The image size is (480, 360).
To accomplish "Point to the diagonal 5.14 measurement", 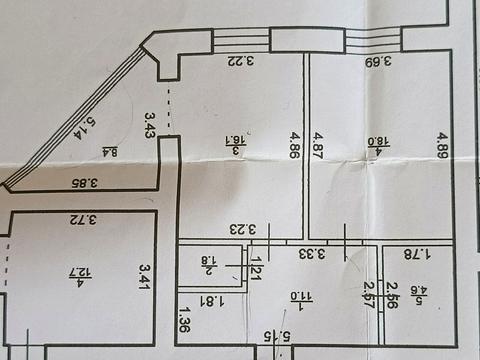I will pyautogui.click(x=87, y=128).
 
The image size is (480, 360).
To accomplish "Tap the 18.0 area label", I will pyautogui.click(x=377, y=144).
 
